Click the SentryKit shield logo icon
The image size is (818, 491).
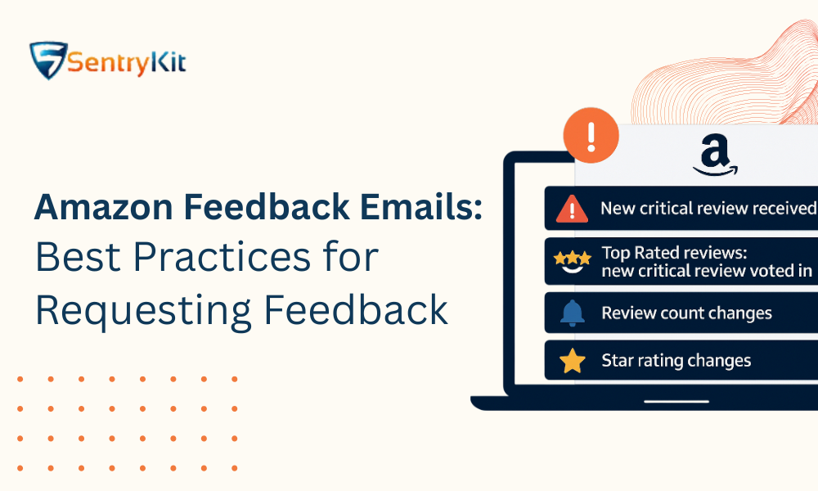[48, 61]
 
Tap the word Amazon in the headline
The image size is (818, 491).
[93, 209]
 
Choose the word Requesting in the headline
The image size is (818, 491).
[139, 310]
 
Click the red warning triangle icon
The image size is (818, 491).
[572, 209]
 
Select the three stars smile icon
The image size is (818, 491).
[572, 262]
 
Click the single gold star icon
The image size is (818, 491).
[572, 361]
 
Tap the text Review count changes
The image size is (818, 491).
[686, 313]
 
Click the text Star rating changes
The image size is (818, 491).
[676, 361]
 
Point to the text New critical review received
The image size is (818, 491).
[708, 209]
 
